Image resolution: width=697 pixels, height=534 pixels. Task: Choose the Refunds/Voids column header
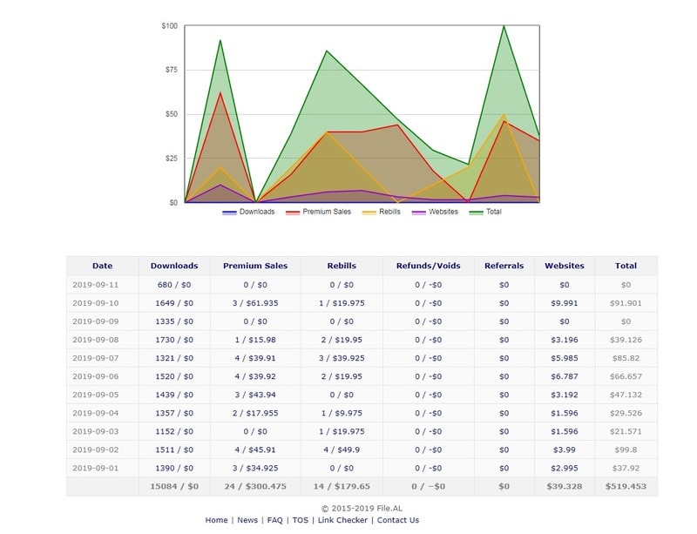[429, 266]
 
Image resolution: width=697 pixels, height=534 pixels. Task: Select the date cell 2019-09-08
[95, 340]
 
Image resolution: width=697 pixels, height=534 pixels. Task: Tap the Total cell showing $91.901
[626, 303]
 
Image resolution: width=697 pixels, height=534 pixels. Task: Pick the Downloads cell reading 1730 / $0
[173, 340]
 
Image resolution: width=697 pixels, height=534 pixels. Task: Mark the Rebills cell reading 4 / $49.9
[341, 450]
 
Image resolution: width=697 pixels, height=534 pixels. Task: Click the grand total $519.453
[626, 486]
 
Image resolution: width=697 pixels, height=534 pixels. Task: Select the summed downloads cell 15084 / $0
[173, 486]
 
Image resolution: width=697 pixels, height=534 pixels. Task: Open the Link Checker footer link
[342, 520]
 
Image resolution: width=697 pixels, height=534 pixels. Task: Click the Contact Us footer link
[397, 520]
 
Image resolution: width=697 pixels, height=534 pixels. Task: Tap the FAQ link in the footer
[274, 520]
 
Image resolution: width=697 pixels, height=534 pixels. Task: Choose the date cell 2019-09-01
[95, 468]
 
